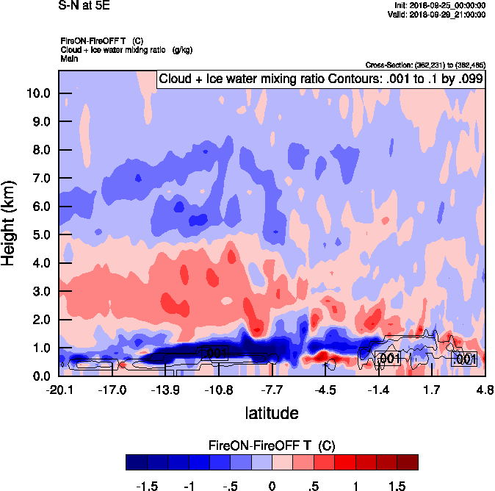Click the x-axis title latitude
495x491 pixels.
272,413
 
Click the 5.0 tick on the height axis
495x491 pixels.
41,235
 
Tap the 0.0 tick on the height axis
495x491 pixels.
41,376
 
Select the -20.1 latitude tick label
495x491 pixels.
59,390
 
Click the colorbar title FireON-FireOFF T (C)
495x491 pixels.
272,445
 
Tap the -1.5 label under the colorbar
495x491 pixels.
148,486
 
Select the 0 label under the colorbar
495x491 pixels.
272,486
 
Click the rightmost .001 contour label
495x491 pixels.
464,359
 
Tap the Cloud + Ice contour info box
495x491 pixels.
320,79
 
